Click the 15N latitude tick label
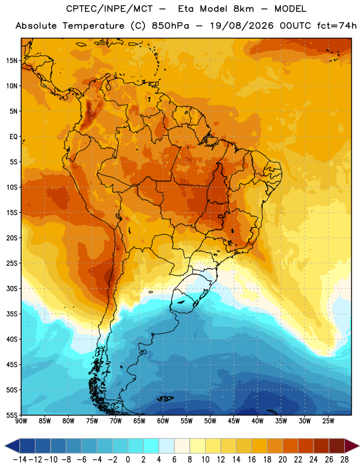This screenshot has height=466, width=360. tap(12, 61)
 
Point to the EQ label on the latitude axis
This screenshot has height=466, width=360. tap(13, 137)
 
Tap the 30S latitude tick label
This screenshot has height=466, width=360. tap(12, 288)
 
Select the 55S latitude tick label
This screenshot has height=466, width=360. tap(12, 415)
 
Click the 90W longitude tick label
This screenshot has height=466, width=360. tap(21, 421)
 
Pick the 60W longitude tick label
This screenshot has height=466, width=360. tap(163, 421)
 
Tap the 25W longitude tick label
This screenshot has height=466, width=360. tap(328, 421)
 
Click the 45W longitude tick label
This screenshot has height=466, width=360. tap(234, 421)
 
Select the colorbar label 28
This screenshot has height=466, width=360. tap(344, 460)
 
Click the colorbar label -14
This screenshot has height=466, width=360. tap(20, 460)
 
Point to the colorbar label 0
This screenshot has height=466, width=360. tap(128, 460)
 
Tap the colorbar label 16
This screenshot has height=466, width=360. tap(252, 460)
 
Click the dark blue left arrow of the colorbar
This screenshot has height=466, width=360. tap(12, 446)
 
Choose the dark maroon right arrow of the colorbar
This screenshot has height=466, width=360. tap(352, 446)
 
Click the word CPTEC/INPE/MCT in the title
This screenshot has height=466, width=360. tap(110, 9)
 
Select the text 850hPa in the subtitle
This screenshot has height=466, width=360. tap(170, 26)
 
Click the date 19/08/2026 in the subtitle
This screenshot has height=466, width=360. tap(242, 26)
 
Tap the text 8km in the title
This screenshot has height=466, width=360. tap(243, 9)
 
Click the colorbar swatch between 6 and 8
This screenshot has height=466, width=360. tap(182, 446)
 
